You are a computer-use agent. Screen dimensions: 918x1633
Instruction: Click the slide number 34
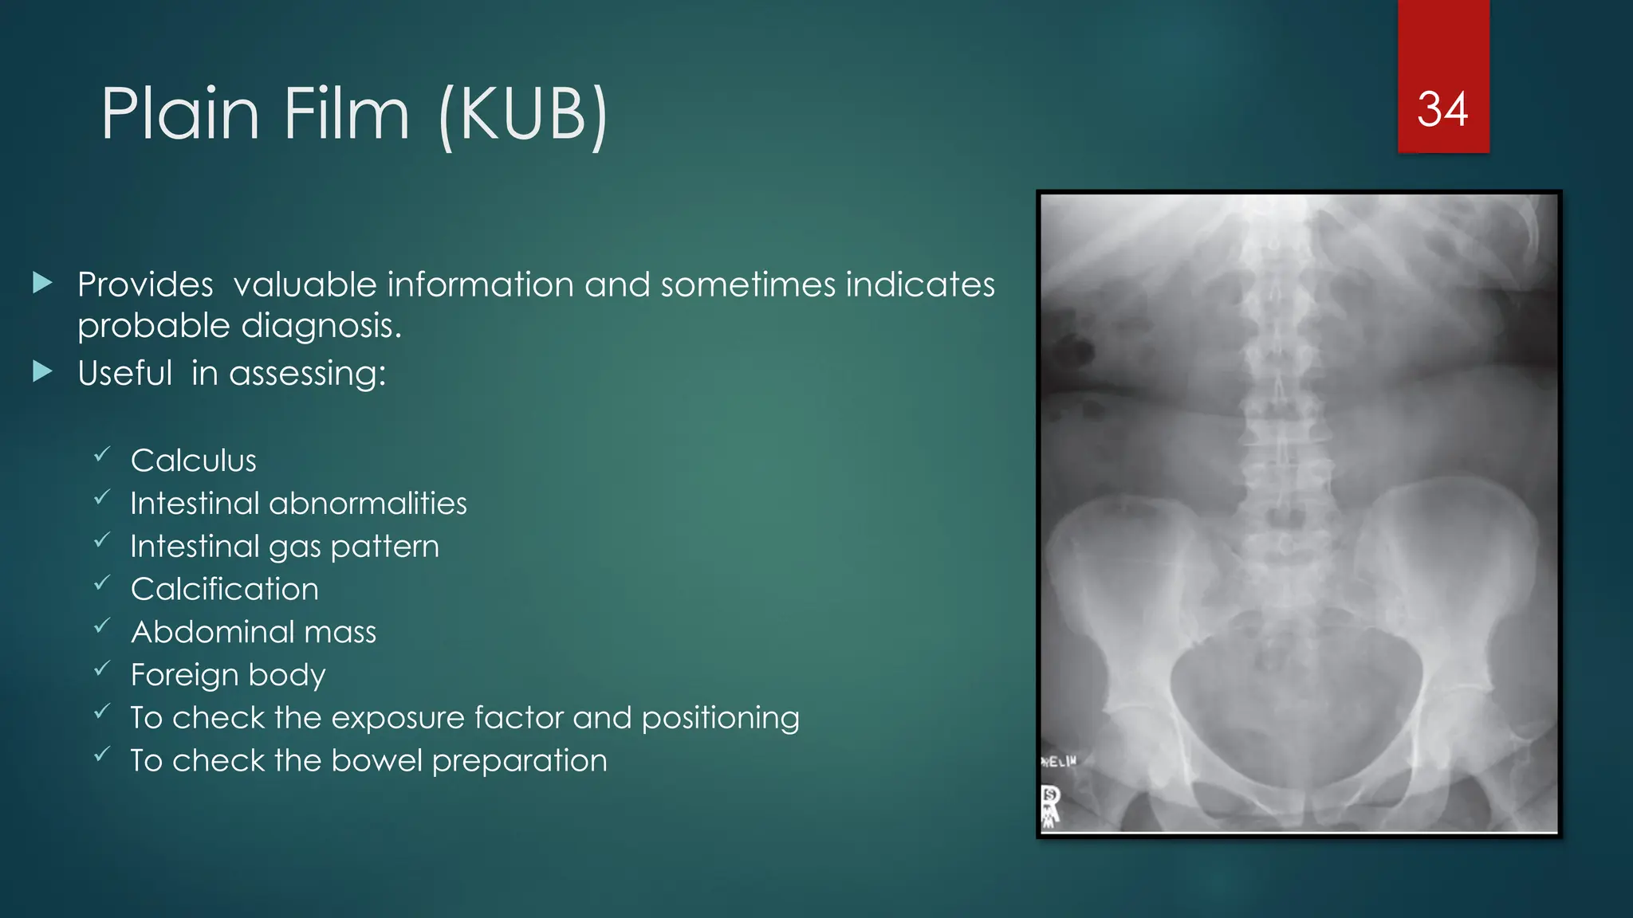1442,109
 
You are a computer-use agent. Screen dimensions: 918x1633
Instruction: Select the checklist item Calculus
194,461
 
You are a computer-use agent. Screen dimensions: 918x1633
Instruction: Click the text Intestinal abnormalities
298,504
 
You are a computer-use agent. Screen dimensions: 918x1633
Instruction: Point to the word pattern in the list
384,547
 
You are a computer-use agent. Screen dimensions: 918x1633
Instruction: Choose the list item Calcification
225,590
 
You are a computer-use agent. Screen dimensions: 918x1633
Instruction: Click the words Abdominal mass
254,633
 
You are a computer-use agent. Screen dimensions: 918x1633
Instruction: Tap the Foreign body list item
228,675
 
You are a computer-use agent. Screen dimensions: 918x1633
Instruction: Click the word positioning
720,718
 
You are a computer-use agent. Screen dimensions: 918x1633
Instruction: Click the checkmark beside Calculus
102,454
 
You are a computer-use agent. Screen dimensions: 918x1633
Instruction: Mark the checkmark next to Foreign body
102,669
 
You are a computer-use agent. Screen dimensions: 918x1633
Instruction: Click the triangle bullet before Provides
43,282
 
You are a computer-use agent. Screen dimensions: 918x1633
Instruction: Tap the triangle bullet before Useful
43,371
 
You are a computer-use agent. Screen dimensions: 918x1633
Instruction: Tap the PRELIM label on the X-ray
1059,762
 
